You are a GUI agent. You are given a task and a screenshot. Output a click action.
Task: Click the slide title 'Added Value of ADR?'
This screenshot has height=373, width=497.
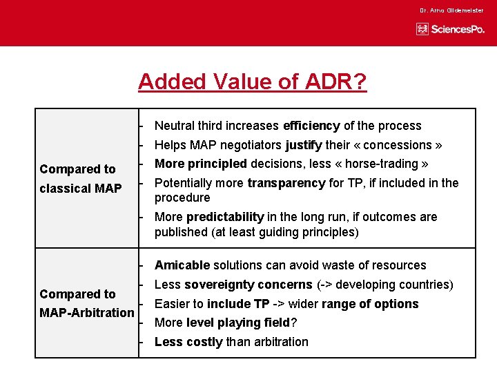click(252, 82)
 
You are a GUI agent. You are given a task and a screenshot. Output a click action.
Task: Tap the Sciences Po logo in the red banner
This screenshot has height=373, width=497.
click(451, 29)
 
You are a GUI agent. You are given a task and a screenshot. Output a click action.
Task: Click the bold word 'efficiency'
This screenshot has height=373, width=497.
click(311, 126)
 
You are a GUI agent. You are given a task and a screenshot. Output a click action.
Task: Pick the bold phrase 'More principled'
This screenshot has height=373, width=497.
click(201, 164)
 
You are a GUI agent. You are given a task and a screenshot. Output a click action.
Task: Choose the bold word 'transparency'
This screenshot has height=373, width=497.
click(286, 183)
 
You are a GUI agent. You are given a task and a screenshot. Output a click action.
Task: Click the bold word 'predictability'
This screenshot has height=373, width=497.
click(226, 217)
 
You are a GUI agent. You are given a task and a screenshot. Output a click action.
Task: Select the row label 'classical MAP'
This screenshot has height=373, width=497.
click(81, 189)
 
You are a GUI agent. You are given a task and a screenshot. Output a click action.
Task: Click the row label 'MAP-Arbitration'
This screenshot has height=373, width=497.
click(87, 313)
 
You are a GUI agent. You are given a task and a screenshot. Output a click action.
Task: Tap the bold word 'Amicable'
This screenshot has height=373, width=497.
click(182, 265)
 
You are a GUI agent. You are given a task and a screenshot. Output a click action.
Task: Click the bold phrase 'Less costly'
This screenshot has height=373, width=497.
click(188, 342)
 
